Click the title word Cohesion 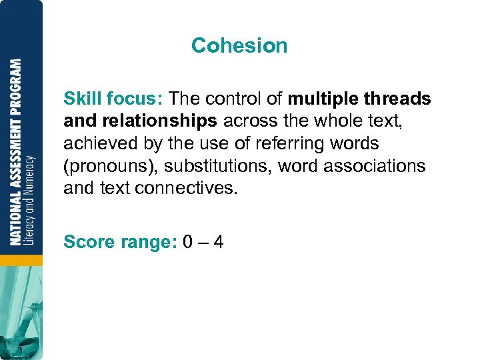click(x=239, y=45)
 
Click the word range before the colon click(x=148, y=242)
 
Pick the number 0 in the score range click(x=188, y=241)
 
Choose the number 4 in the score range click(x=218, y=241)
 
